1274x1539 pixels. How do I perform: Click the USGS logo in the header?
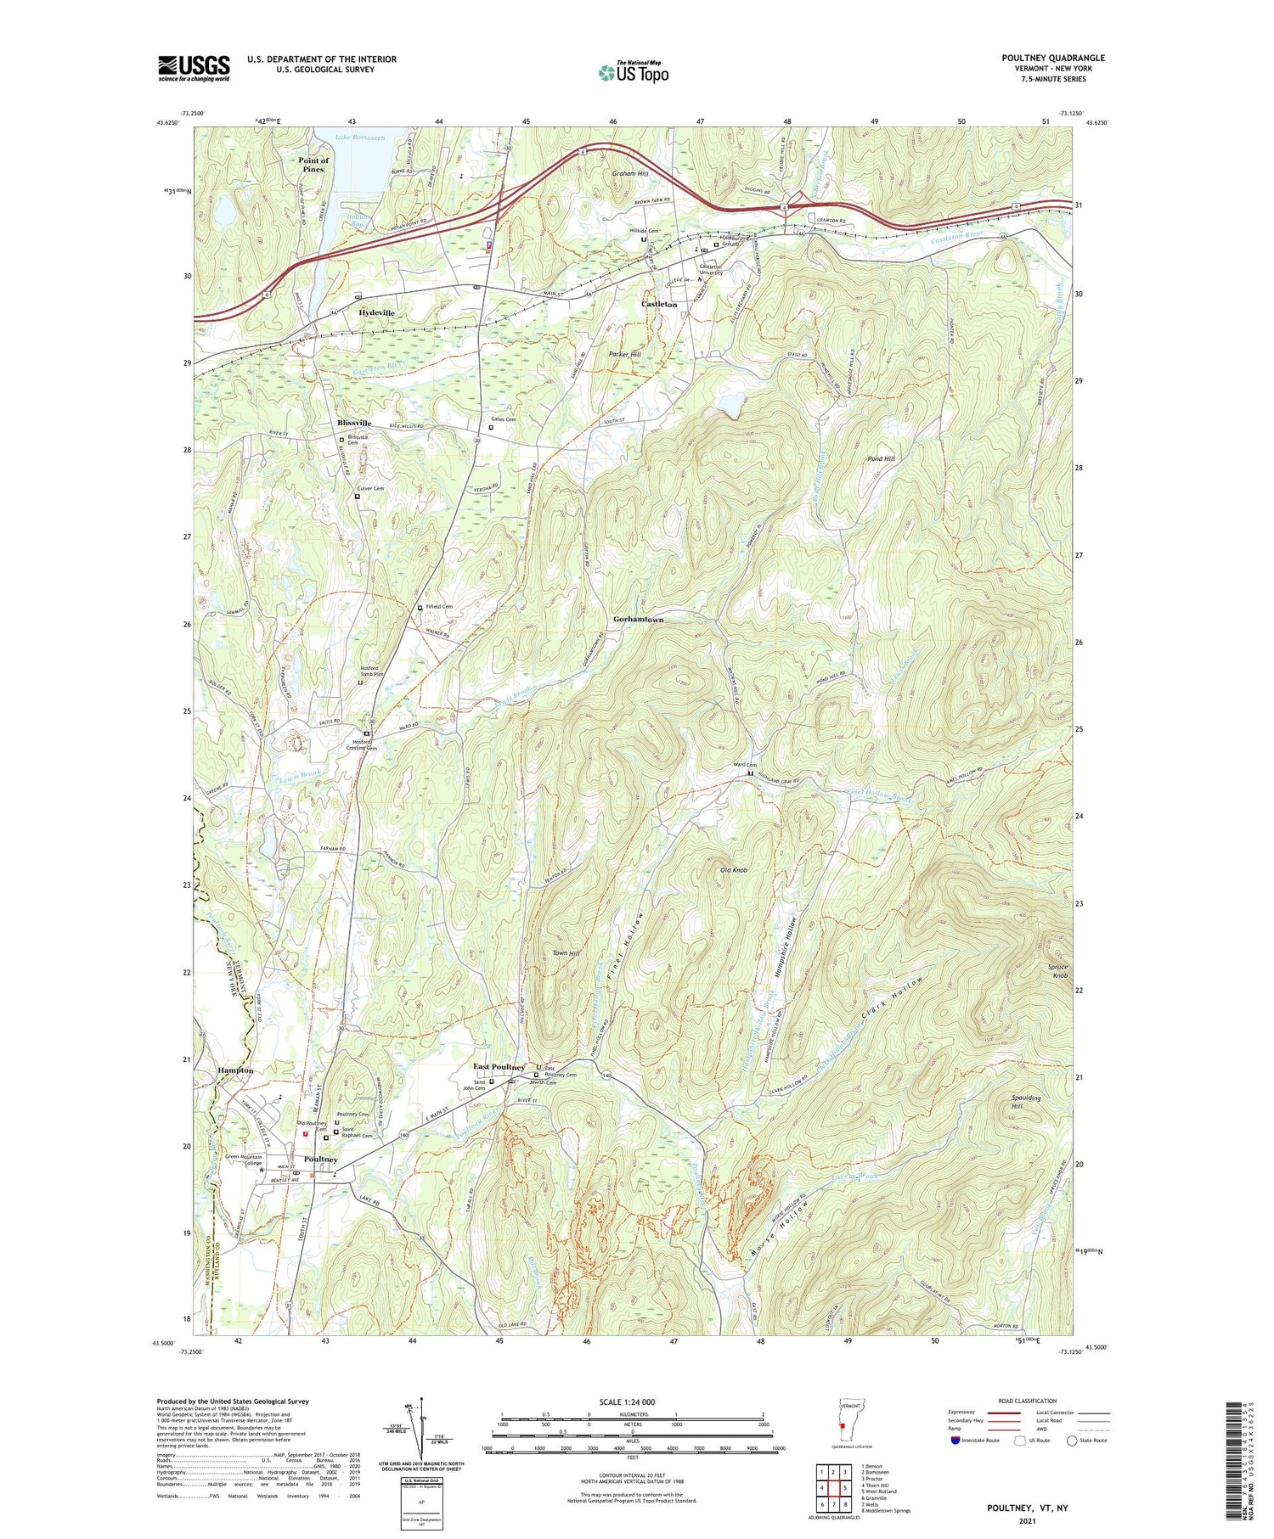(194, 68)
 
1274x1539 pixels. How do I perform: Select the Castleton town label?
(659, 304)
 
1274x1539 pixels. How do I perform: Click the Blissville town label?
(352, 423)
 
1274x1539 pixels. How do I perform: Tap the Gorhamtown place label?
(638, 620)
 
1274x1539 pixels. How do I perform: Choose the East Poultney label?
(499, 1067)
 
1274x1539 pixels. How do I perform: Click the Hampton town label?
(234, 1070)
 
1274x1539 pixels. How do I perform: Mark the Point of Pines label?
(313, 165)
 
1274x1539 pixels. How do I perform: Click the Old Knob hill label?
(733, 871)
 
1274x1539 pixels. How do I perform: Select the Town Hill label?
(566, 953)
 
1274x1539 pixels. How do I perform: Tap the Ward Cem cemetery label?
(745, 765)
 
